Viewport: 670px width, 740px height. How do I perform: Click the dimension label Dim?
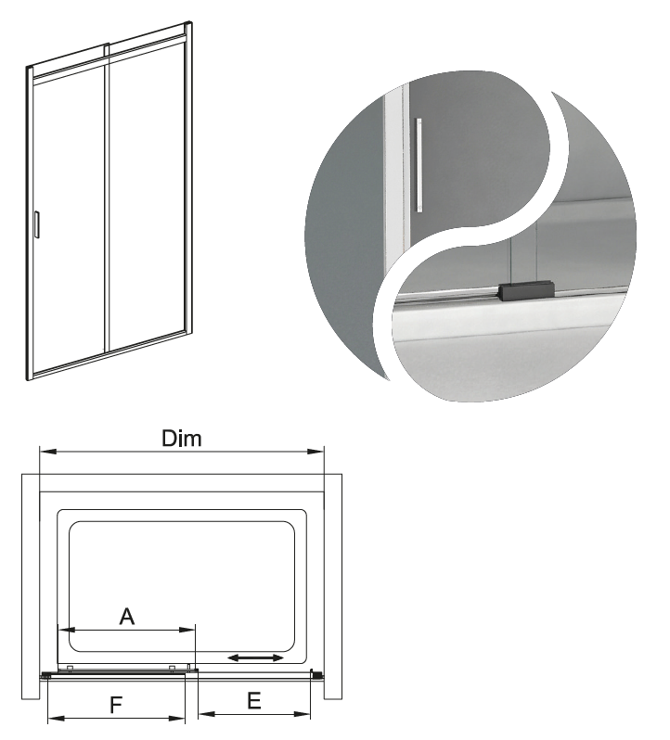[182, 438]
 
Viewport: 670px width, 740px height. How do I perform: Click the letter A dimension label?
[126, 617]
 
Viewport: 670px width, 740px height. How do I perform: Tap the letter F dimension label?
[116, 705]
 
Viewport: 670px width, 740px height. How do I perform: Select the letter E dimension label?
[254, 701]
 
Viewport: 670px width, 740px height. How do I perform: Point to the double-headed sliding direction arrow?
[255, 657]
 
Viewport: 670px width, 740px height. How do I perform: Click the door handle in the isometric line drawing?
[37, 224]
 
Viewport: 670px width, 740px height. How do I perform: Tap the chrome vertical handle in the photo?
[419, 165]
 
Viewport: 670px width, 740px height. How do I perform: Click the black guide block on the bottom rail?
[525, 289]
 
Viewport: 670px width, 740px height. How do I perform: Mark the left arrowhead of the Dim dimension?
[48, 452]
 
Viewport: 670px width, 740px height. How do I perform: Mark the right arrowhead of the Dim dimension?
[316, 452]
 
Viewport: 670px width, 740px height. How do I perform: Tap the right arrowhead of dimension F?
[176, 719]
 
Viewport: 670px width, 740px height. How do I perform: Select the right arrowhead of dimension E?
[303, 714]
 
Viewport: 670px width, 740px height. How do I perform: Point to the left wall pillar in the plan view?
[31, 587]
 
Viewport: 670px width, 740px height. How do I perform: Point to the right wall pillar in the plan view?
[333, 587]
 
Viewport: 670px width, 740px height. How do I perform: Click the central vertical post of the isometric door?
[107, 198]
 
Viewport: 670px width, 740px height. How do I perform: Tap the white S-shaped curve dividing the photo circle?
[472, 236]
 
